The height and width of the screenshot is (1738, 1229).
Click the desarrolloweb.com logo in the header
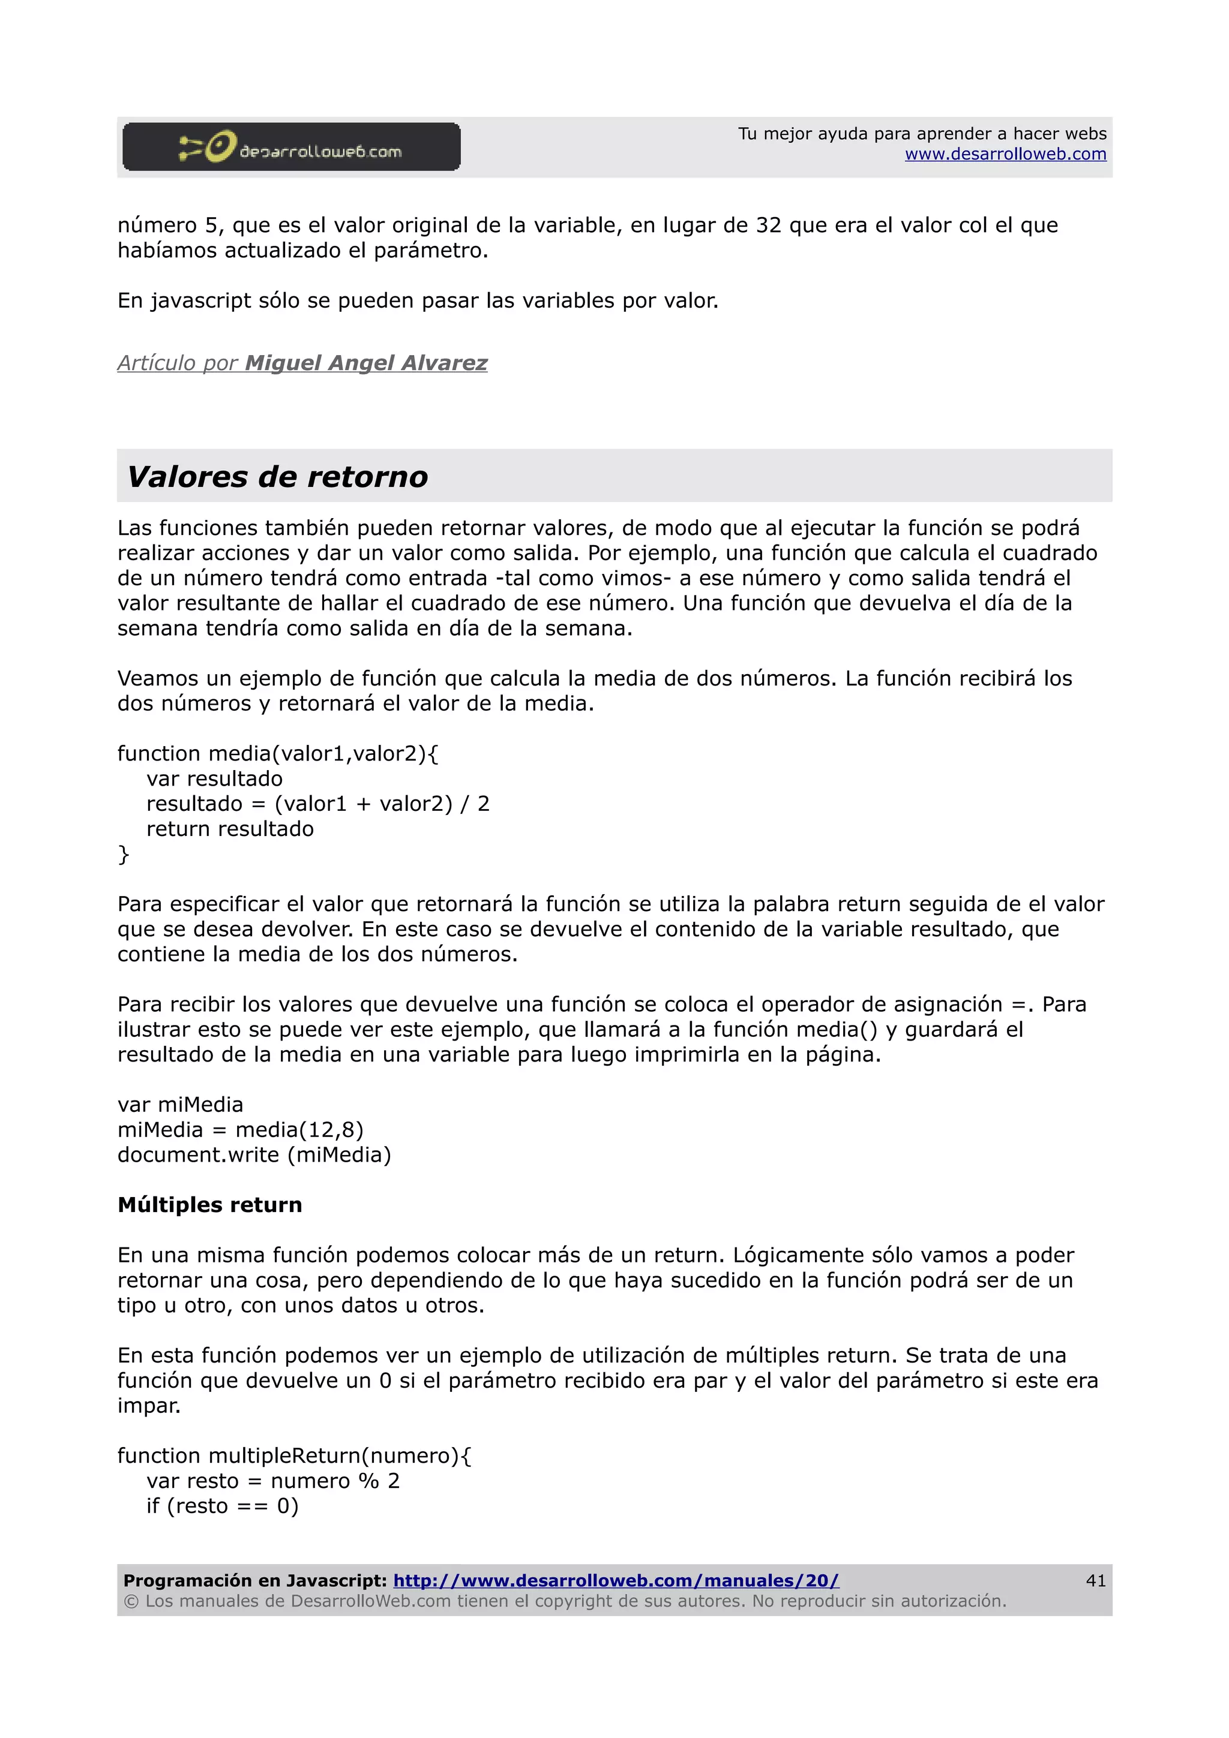tap(292, 147)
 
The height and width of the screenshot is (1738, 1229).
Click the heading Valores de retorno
tap(277, 477)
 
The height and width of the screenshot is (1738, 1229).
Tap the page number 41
tap(1095, 1580)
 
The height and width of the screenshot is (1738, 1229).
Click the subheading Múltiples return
tap(210, 1205)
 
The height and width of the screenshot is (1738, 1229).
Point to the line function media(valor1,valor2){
tap(277, 754)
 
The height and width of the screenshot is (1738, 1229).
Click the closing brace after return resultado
tap(124, 855)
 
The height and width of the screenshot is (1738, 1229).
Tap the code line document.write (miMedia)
tap(254, 1155)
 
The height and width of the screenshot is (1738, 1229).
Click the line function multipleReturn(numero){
tap(294, 1456)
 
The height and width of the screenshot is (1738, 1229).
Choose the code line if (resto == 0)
tap(222, 1507)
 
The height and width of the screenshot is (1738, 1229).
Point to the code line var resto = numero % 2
tap(272, 1481)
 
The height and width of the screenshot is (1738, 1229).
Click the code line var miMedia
tap(180, 1105)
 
